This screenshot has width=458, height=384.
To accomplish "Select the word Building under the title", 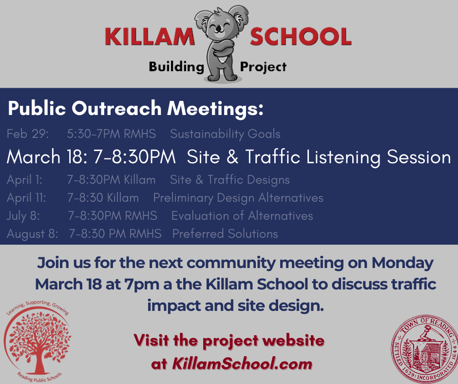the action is click(176, 67).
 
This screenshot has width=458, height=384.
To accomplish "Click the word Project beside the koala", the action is click(263, 67).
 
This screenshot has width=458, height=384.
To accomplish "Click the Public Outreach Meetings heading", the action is click(136, 109).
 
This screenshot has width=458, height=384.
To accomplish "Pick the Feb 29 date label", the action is click(28, 134).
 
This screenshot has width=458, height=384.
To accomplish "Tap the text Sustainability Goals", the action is click(225, 134).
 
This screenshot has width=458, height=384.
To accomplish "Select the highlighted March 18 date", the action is click(47, 156).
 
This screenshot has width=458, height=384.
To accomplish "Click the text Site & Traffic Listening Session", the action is click(319, 157).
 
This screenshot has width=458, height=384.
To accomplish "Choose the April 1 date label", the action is click(24, 180).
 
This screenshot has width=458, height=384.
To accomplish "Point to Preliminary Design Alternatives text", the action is click(238, 198).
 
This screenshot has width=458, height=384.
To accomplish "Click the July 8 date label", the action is click(23, 216).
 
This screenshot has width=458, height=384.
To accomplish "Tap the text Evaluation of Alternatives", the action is click(242, 216).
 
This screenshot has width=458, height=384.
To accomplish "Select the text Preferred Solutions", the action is click(225, 234).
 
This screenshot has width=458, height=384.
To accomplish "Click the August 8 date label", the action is click(33, 234).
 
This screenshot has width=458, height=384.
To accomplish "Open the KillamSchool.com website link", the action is click(242, 364).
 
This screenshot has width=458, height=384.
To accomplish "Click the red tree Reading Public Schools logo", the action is click(37, 341).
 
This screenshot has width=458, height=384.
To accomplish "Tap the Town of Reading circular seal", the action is click(424, 349).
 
